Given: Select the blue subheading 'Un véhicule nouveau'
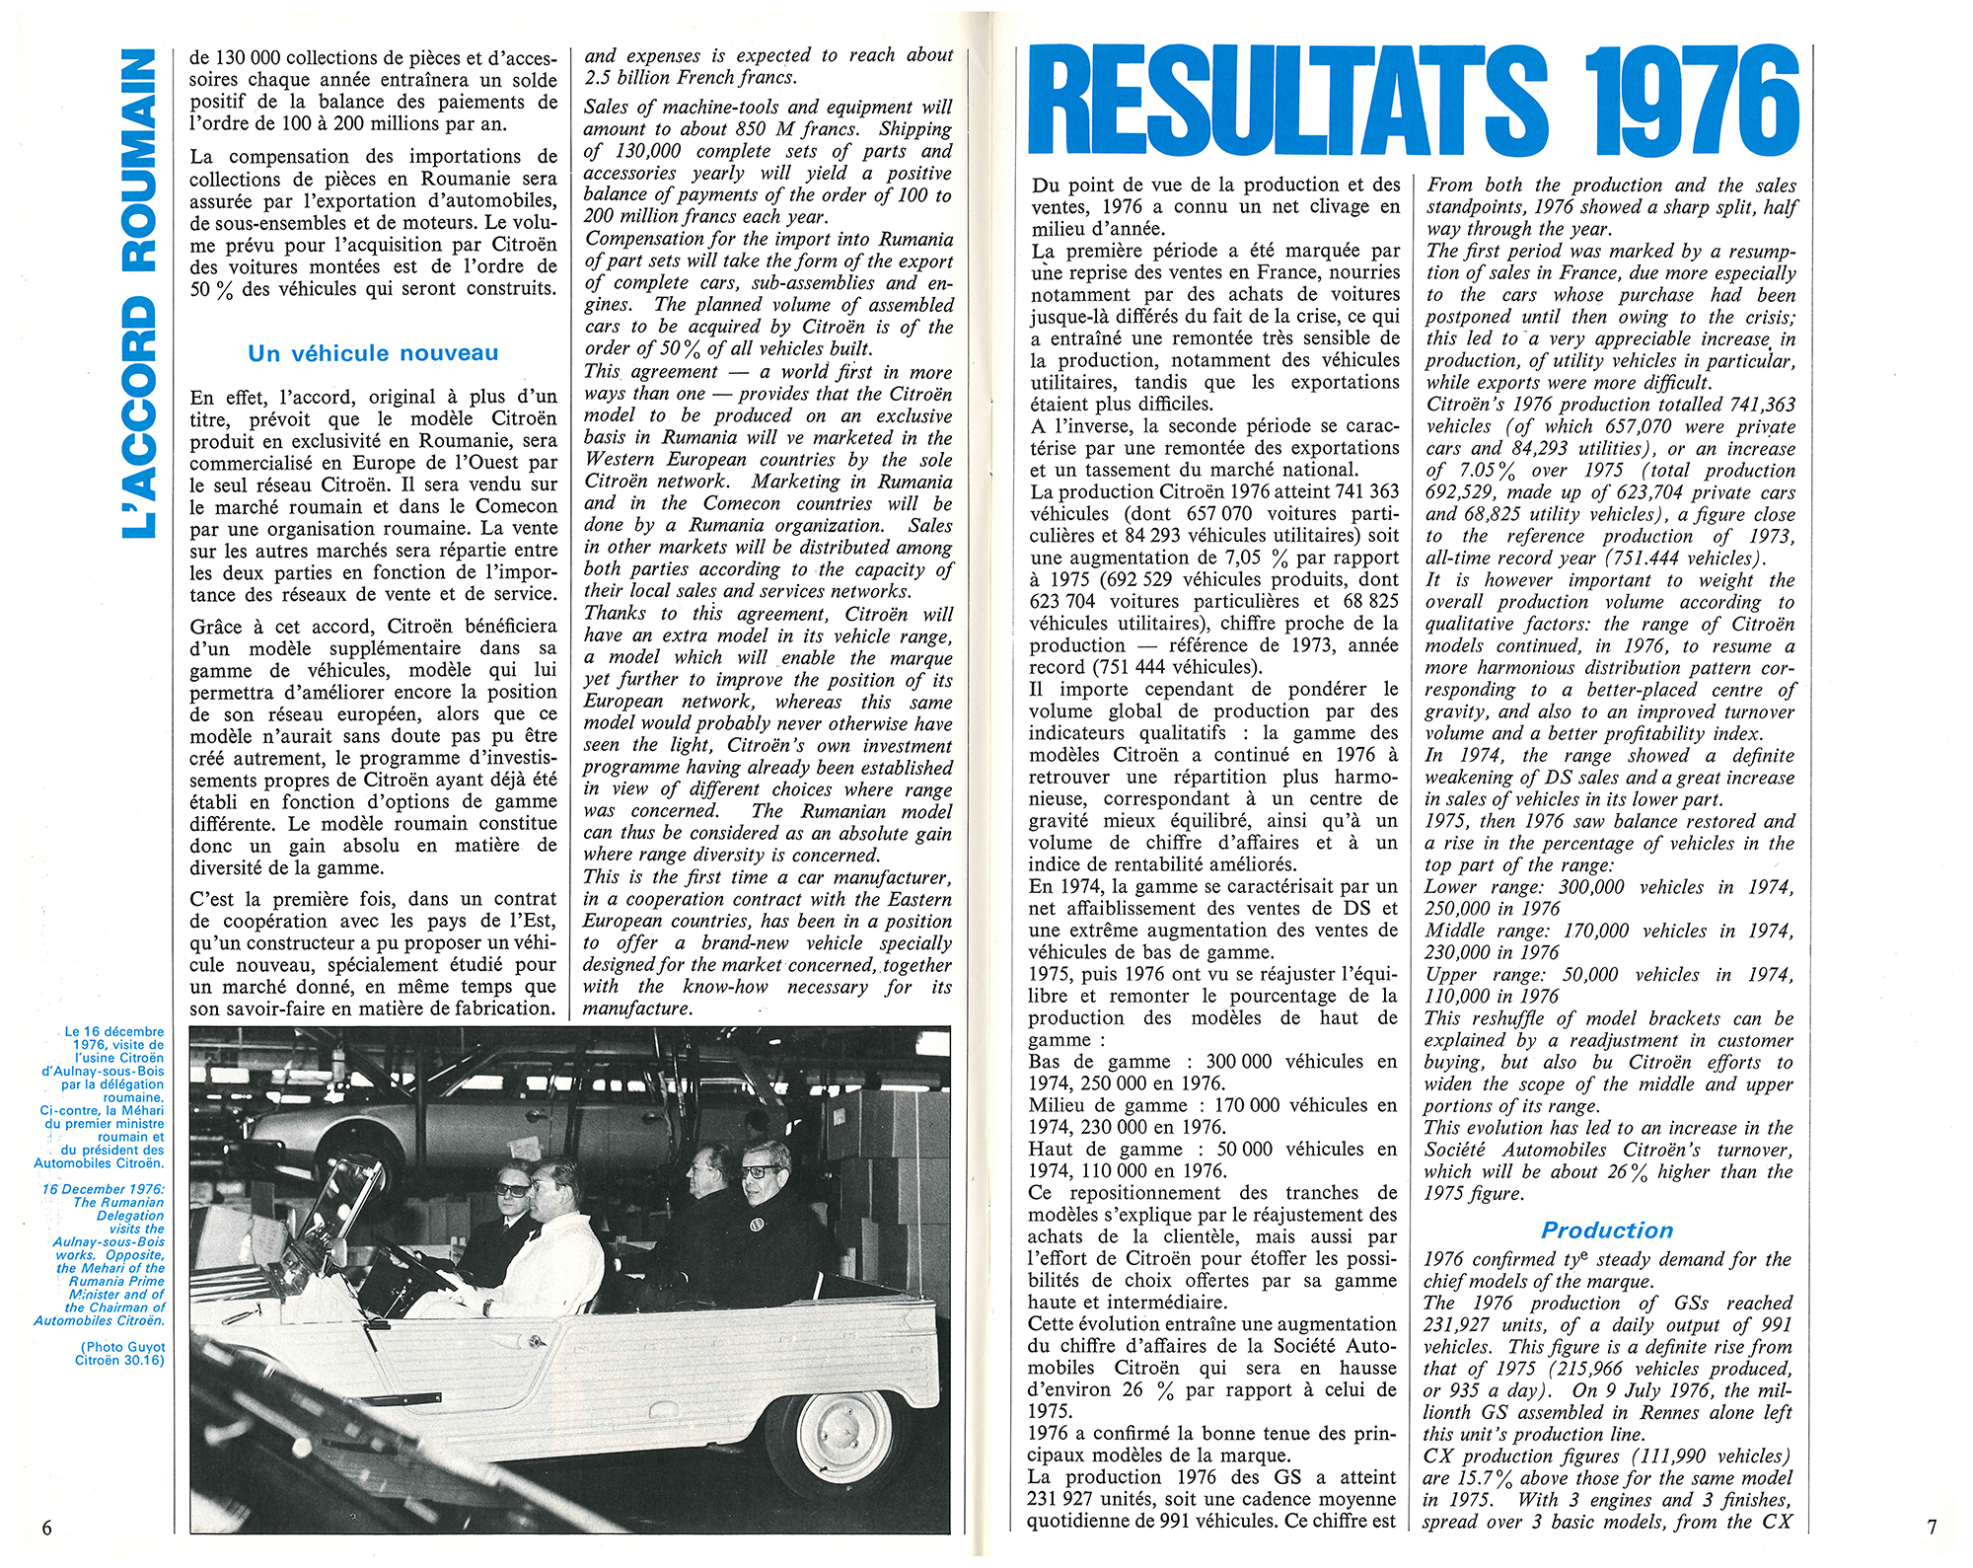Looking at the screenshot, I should point(373,353).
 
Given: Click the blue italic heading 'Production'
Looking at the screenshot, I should point(1607,1231).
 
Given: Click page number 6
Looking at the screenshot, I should point(46,1528).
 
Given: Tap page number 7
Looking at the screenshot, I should point(1931,1528).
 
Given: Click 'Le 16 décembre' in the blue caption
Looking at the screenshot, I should point(114,1032).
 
